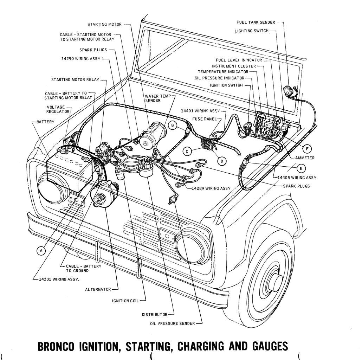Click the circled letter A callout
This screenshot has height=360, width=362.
[41, 251]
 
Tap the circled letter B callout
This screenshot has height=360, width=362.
[172, 125]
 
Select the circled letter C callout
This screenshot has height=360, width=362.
[187, 151]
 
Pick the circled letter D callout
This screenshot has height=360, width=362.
[222, 161]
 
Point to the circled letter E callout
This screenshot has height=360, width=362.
[300, 168]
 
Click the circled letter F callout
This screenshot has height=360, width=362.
[306, 148]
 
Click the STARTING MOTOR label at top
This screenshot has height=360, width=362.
[104, 24]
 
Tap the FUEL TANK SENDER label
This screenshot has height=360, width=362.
[256, 22]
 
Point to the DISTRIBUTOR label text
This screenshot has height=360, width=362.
[154, 314]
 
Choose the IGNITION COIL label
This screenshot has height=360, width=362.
[125, 301]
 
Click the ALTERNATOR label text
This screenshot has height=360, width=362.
[98, 289]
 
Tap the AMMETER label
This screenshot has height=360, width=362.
[305, 158]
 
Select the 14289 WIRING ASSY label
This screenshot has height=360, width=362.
[211, 188]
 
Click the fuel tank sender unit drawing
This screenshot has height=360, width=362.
[289, 91]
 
